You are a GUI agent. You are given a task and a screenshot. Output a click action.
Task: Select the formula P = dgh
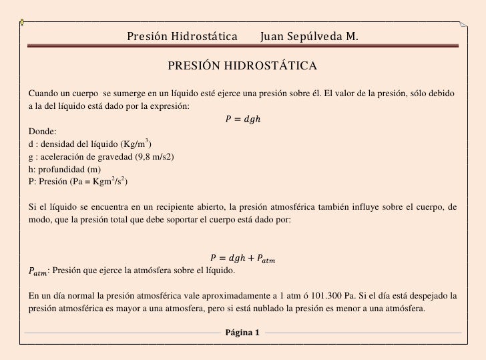[x=242, y=120]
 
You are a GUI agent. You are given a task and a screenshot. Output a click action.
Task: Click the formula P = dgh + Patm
[x=242, y=258]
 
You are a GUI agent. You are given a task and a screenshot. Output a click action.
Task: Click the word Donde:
[x=43, y=132]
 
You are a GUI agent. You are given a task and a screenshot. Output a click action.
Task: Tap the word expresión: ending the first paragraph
[x=170, y=106]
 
